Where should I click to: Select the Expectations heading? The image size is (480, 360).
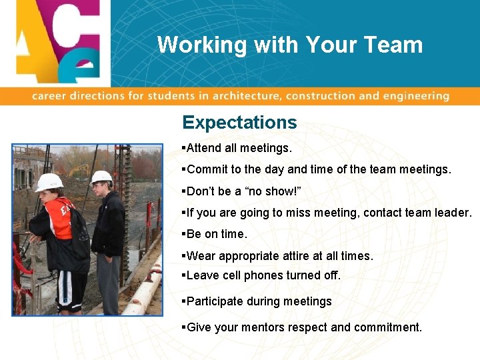239,123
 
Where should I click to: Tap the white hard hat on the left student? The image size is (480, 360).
49,182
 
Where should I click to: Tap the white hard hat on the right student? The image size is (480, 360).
101,177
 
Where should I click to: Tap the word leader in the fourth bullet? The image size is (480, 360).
454,213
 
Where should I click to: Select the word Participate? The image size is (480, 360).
215,301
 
